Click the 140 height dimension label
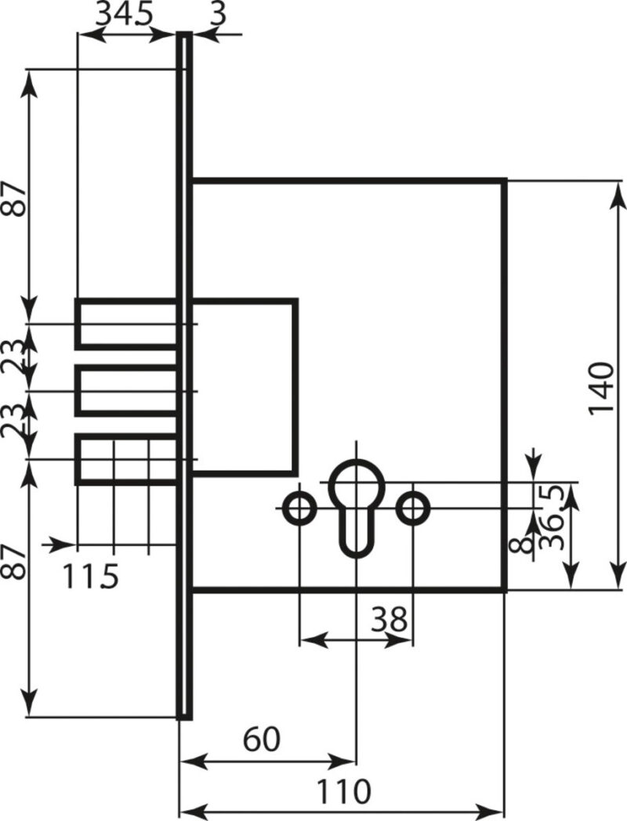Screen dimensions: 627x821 (x=601, y=388)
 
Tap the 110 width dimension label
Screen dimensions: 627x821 (x=343, y=791)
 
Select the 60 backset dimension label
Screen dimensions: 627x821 (x=262, y=740)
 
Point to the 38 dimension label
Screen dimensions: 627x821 (x=389, y=620)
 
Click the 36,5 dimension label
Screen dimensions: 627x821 (x=552, y=517)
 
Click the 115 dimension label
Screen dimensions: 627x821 (x=91, y=576)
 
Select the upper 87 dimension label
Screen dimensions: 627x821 (x=13, y=199)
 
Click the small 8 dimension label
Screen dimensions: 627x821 (x=520, y=546)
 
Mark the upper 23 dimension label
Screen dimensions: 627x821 (x=13, y=356)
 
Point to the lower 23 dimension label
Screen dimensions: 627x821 (x=13, y=422)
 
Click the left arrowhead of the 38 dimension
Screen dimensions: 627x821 (x=315, y=639)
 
